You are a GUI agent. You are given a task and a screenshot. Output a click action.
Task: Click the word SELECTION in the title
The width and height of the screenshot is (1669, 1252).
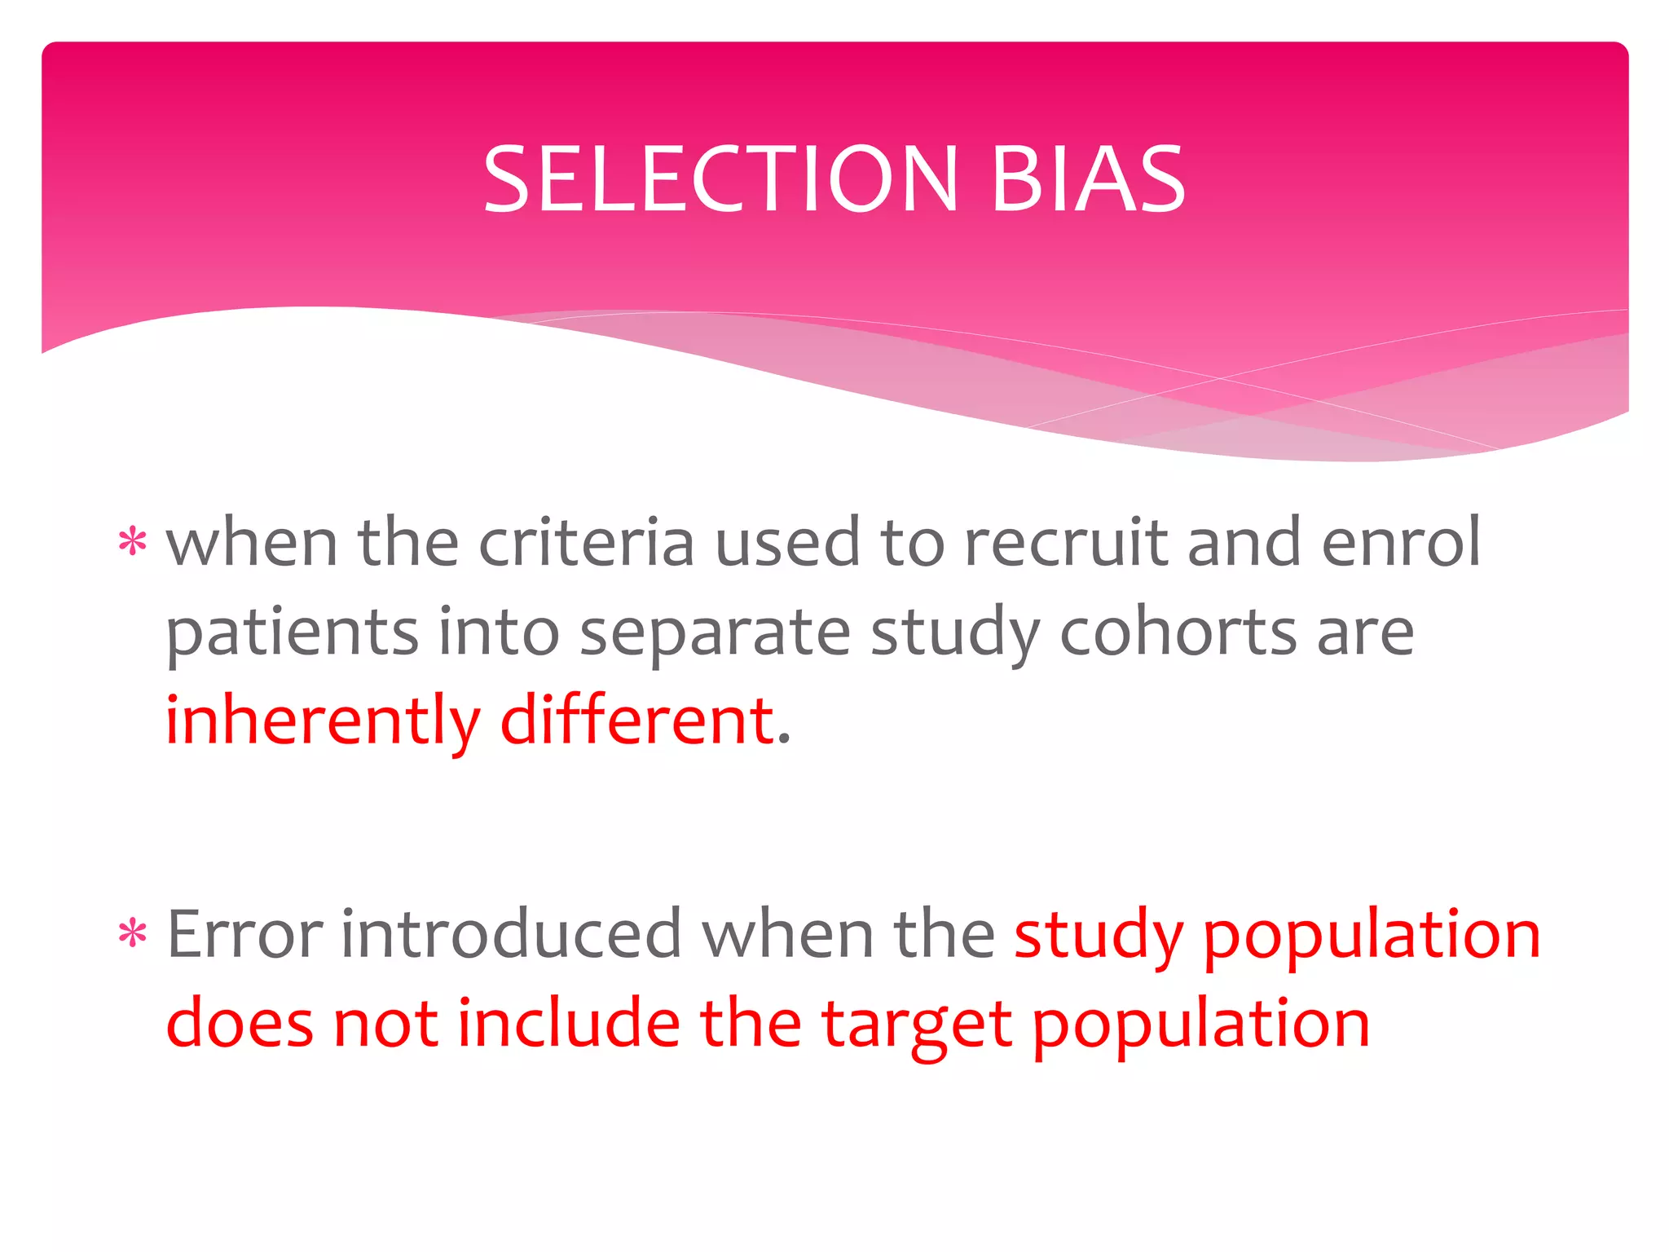coord(720,179)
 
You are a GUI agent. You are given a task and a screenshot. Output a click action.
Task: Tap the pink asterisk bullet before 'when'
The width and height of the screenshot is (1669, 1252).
coord(133,542)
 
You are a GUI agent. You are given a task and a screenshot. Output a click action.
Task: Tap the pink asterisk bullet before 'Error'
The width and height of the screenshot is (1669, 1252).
coord(133,933)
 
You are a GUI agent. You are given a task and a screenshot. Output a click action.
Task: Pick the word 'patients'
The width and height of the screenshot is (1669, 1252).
coord(292,633)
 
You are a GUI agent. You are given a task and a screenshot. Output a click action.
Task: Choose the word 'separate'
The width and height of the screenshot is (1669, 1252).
coord(715,633)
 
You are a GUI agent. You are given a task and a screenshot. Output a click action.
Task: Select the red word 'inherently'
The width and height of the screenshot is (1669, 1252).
coord(323,721)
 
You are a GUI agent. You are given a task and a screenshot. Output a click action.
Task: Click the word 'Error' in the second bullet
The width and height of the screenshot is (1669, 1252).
coord(244,935)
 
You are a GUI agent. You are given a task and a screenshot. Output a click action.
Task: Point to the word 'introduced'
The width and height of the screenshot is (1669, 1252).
coord(510,935)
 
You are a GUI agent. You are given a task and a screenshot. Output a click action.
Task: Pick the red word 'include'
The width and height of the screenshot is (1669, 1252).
coord(568,1023)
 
